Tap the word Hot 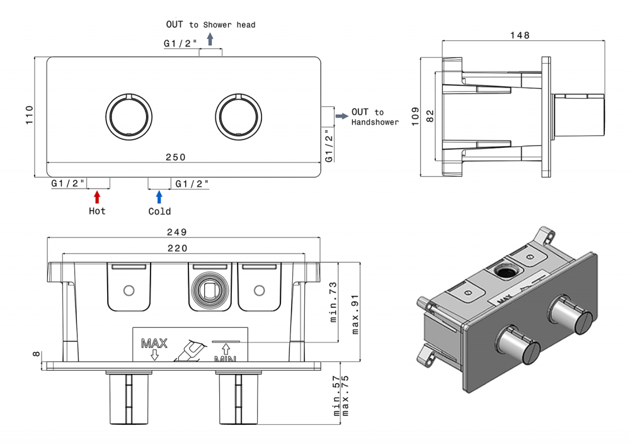97,211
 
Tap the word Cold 159,211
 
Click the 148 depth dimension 520,35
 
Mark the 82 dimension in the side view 430,116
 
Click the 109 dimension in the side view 415,116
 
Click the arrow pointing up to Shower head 210,39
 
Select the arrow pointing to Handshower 341,116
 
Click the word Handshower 375,122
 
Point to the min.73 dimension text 334,301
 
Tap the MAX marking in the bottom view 154,344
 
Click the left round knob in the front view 129,116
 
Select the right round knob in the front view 238,116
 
